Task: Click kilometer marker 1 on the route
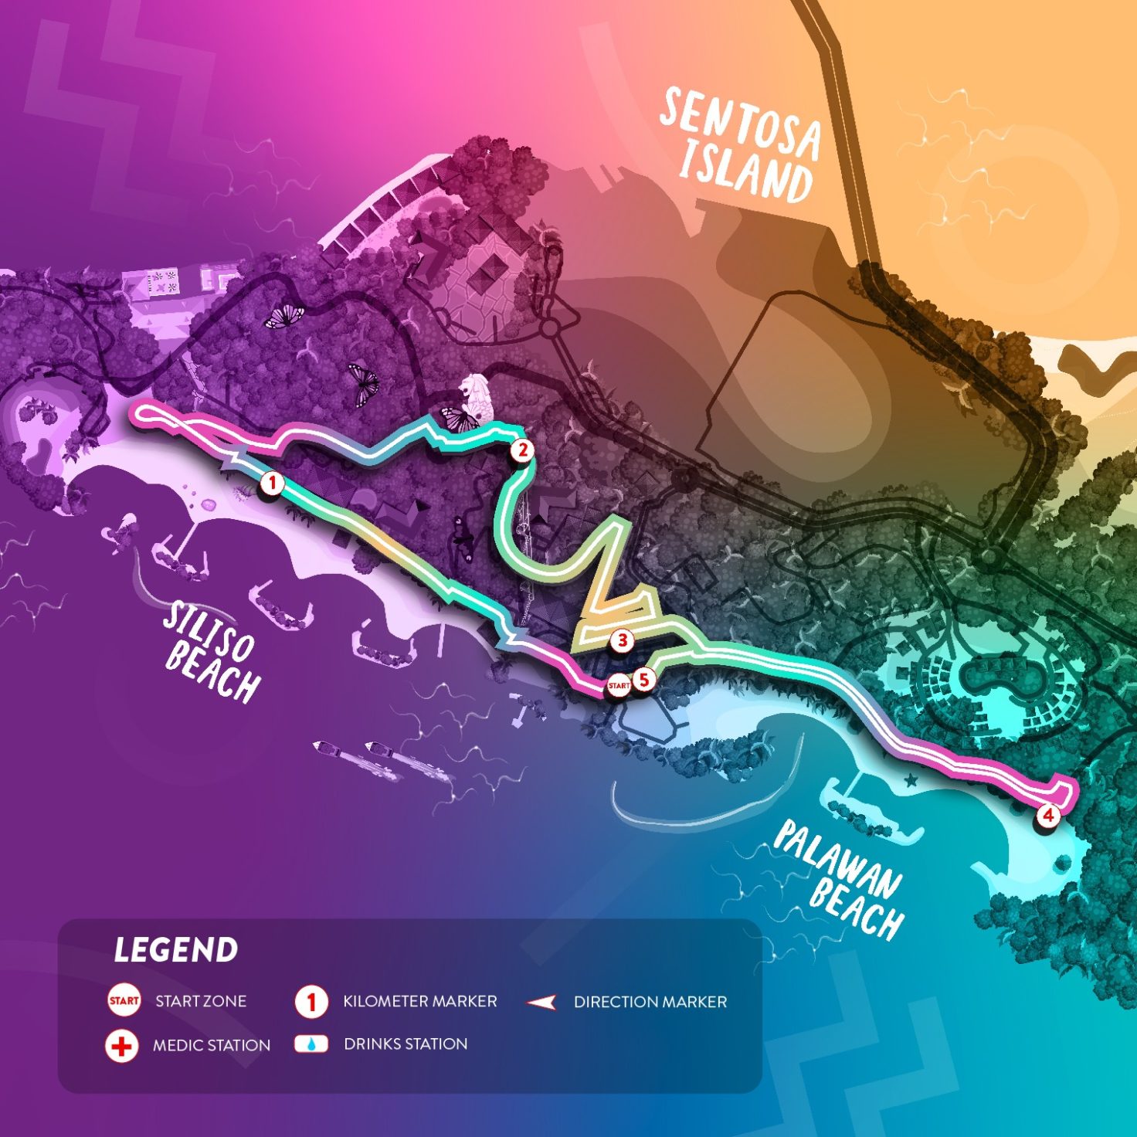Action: click(272, 484)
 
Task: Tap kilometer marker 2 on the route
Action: click(522, 450)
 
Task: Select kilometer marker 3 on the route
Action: click(622, 640)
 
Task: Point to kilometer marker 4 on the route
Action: click(1047, 814)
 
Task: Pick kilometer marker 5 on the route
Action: click(643, 681)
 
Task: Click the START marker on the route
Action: click(618, 685)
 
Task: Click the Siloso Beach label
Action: click(211, 653)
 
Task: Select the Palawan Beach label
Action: click(840, 878)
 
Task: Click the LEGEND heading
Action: click(176, 950)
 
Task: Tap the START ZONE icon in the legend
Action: click(124, 1001)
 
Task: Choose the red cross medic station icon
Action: click(121, 1046)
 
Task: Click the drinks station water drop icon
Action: click(311, 1044)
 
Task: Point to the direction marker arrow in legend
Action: click(541, 1003)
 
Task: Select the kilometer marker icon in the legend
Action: click(311, 1002)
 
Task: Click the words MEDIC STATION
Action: click(212, 1046)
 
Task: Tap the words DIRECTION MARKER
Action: click(650, 1002)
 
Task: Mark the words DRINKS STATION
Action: click(406, 1044)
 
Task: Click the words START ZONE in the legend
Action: click(201, 1002)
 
